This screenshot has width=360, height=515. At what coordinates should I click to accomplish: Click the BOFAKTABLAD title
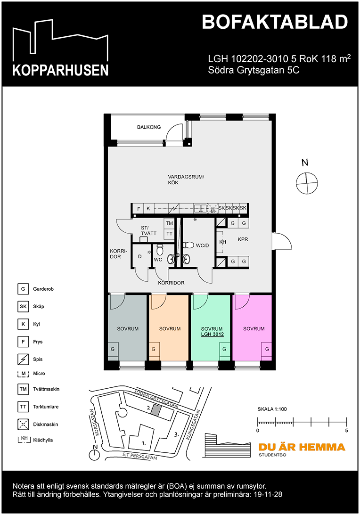(275, 22)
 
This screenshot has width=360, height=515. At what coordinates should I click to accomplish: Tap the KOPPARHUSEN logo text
(60, 70)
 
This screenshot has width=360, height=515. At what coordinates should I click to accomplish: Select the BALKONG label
(149, 127)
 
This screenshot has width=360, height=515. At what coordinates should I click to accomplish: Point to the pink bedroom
(254, 329)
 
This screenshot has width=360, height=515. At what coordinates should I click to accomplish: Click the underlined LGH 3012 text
(212, 335)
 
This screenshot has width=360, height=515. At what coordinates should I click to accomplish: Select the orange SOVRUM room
(170, 329)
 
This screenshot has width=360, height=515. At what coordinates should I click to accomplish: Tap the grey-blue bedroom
(127, 329)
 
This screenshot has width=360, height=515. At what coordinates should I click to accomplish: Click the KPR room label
(243, 239)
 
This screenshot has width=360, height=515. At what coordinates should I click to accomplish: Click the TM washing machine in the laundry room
(169, 223)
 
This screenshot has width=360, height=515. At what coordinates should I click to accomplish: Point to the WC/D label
(203, 245)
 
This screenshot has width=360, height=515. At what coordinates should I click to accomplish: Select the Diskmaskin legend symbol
(23, 424)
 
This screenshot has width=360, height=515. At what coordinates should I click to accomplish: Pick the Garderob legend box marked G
(23, 289)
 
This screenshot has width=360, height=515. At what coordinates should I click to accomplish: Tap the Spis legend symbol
(23, 359)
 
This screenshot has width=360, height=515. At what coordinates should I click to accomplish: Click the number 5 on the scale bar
(346, 431)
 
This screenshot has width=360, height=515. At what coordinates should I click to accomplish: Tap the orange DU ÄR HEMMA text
(302, 447)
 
